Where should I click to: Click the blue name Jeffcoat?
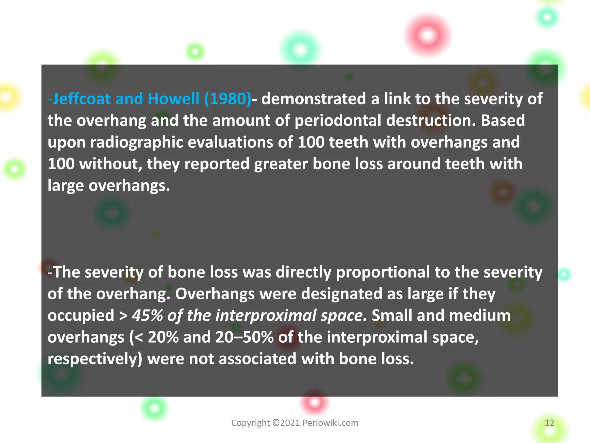pyautogui.click(x=82, y=99)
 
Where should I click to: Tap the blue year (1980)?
pyautogui.click(x=228, y=99)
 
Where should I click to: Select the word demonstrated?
pyautogui.click(x=313, y=99)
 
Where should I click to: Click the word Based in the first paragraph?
pyautogui.click(x=503, y=121)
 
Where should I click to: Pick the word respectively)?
pyautogui.click(x=95, y=359)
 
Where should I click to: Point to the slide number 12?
pyautogui.click(x=549, y=423)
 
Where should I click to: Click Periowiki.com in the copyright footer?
pyautogui.click(x=330, y=423)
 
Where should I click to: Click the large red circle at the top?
pyautogui.click(x=428, y=36)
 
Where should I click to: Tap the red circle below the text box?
pyautogui.click(x=314, y=402)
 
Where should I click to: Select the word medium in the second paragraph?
pyautogui.click(x=480, y=316)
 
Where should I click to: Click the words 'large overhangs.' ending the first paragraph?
pyautogui.click(x=109, y=186)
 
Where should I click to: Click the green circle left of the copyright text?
pyautogui.click(x=154, y=408)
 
